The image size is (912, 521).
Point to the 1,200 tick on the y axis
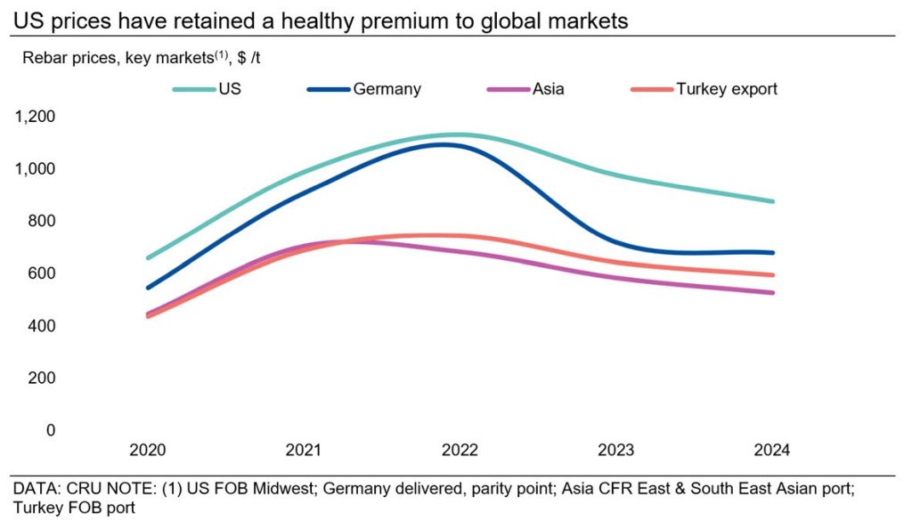[35, 116]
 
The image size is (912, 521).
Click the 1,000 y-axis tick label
[35, 168]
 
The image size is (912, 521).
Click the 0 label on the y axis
[51, 430]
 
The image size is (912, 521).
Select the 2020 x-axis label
[147, 450]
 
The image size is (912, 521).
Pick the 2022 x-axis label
[460, 450]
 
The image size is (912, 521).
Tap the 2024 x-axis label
[771, 450]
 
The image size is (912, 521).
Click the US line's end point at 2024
[771, 201]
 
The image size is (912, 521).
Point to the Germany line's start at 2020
[148, 288]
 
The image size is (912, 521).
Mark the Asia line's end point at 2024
[771, 293]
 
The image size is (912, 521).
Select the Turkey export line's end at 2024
[771, 275]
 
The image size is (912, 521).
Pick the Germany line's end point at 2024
[771, 253]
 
